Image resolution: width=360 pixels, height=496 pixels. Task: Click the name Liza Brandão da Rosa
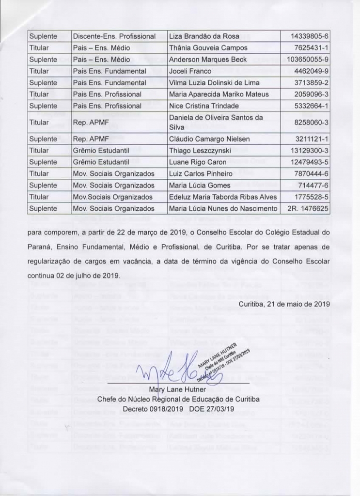click(201, 36)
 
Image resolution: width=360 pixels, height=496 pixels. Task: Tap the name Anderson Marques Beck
click(207, 60)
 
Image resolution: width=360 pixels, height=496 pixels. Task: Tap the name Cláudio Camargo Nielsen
click(209, 139)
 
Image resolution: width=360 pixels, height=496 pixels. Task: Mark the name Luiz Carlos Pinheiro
click(201, 174)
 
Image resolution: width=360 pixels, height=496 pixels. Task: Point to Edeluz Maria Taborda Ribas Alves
click(222, 197)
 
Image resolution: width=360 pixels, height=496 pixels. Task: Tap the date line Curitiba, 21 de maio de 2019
click(284, 304)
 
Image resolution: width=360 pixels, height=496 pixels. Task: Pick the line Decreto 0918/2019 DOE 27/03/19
click(178, 409)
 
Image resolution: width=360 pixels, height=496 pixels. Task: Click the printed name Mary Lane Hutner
click(178, 389)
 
